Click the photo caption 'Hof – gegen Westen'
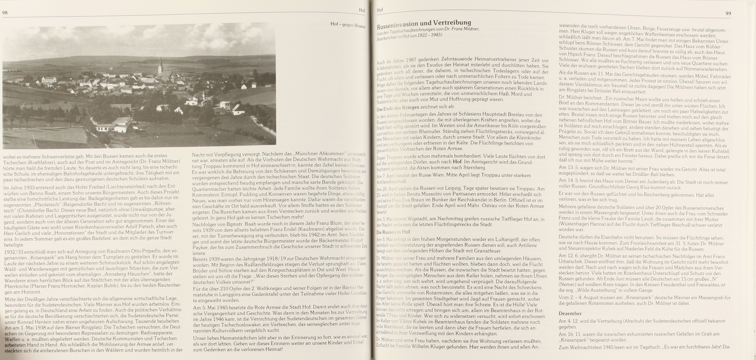pos(348,25)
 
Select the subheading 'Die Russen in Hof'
pos(393,232)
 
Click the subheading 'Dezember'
pos(570,314)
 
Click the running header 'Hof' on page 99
pos(380,10)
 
